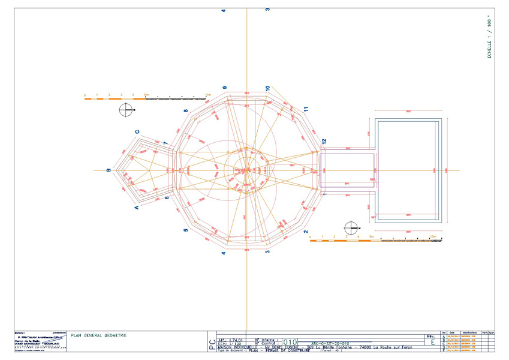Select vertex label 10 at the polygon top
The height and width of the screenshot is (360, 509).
pyautogui.click(x=268, y=88)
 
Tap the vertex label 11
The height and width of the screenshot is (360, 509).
pyautogui.click(x=306, y=109)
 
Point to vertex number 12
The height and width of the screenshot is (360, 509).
pyautogui.click(x=324, y=141)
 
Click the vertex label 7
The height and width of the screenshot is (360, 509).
pyautogui.click(x=165, y=142)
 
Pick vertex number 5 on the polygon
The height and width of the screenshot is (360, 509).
pyautogui.click(x=186, y=230)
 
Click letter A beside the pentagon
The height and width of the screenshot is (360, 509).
pyautogui.click(x=137, y=207)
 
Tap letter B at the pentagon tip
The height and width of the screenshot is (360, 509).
pyautogui.click(x=109, y=170)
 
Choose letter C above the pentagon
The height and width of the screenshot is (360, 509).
pyautogui.click(x=137, y=132)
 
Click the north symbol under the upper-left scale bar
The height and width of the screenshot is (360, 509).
pyautogui.click(x=126, y=110)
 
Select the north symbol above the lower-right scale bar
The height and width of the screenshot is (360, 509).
pyautogui.click(x=351, y=228)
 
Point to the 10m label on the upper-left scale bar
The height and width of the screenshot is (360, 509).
pyautogui.click(x=208, y=95)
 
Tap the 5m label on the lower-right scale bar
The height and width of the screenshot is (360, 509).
pyautogui.click(x=372, y=237)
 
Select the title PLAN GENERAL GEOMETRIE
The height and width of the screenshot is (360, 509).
pyautogui.click(x=98, y=335)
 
